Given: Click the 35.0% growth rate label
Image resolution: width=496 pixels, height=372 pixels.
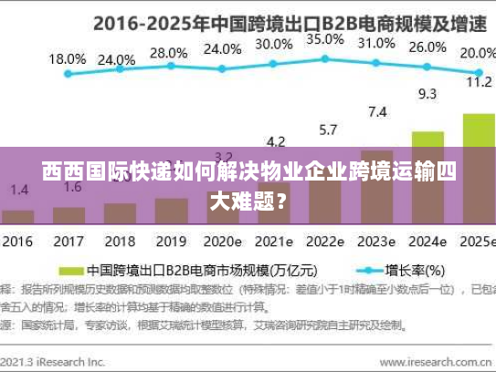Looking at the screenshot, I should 324,39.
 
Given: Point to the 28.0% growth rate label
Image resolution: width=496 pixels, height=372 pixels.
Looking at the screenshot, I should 168,52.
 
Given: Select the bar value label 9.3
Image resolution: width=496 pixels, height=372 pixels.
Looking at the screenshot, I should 427,93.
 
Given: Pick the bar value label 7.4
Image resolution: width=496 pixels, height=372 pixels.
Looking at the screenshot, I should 376,112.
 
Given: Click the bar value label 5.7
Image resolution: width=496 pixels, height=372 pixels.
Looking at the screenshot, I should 326,129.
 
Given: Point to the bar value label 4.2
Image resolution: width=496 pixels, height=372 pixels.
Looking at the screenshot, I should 275,140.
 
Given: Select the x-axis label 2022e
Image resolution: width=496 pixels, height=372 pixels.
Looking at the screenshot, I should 324,242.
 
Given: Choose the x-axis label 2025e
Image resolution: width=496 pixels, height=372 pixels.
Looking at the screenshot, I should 476,242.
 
